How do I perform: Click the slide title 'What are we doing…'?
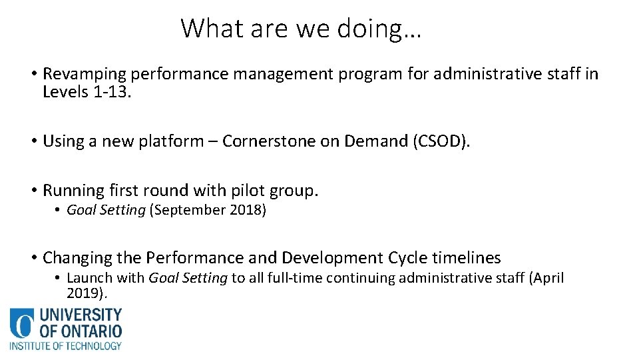301,29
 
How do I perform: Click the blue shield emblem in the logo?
21,324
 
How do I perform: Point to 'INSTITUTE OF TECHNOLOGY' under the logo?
65,346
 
